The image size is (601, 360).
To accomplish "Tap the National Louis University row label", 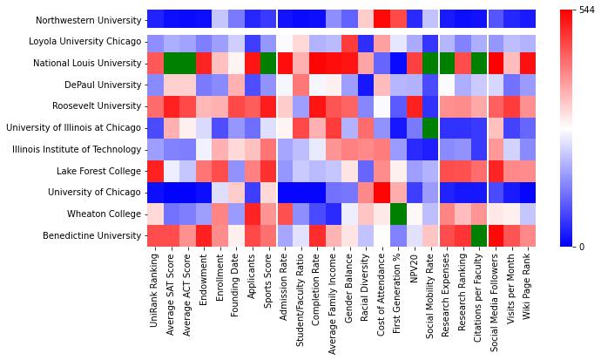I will point(87,63).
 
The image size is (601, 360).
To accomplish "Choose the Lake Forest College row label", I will point(99,171).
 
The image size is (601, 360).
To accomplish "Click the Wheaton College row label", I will point(105,214).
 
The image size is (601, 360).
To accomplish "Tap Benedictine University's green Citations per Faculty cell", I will point(477,235).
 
